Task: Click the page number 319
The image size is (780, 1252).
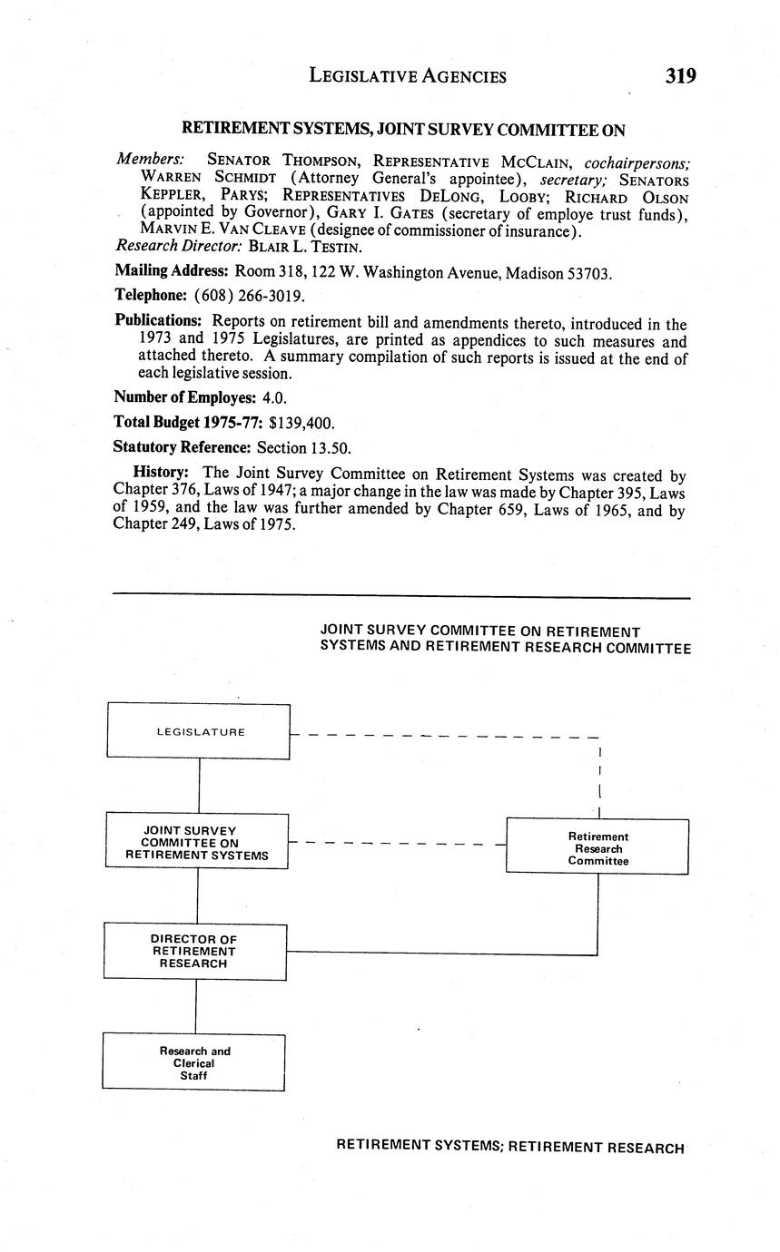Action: pyautogui.click(x=680, y=76)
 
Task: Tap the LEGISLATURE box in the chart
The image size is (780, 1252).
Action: pyautogui.click(x=199, y=731)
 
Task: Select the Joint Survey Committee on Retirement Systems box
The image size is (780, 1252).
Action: pyautogui.click(x=197, y=842)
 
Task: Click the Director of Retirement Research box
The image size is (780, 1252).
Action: pyautogui.click(x=195, y=951)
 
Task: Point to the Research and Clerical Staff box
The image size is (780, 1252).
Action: pyautogui.click(x=193, y=1062)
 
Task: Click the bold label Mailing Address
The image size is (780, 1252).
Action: pyautogui.click(x=171, y=270)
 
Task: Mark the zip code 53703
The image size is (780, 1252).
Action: pyautogui.click(x=589, y=273)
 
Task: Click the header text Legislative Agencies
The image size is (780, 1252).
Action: pyautogui.click(x=408, y=76)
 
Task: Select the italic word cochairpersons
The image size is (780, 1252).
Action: pyautogui.click(x=637, y=163)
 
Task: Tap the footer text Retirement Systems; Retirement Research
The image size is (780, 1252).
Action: pyautogui.click(x=509, y=1147)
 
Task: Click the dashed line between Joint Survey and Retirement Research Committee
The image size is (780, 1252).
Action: pyautogui.click(x=396, y=844)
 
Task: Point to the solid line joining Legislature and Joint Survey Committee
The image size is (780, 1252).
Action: pyautogui.click(x=199, y=786)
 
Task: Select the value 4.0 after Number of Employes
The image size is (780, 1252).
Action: pyautogui.click(x=275, y=397)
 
